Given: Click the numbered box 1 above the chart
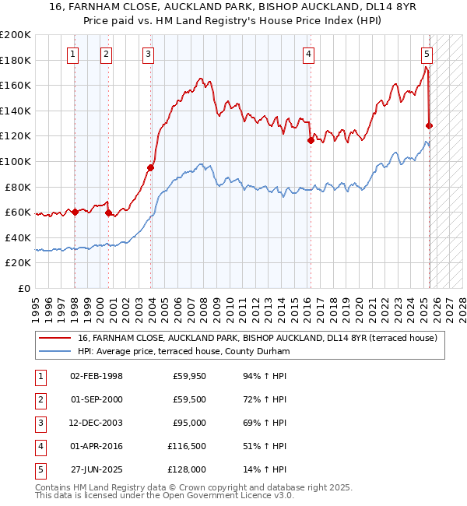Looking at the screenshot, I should click(x=72, y=54).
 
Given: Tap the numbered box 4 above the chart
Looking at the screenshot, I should click(x=309, y=54).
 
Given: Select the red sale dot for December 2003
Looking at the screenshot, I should click(x=150, y=167).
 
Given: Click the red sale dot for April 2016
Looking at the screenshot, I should click(x=311, y=140).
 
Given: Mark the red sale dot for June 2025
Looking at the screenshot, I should click(x=430, y=125).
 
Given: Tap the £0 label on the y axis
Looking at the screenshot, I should click(x=23, y=288).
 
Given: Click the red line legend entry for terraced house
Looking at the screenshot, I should click(x=257, y=338).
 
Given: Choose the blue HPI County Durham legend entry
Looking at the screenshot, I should click(x=183, y=352).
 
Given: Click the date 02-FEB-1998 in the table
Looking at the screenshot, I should click(x=97, y=376).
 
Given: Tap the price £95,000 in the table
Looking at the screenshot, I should click(x=188, y=423).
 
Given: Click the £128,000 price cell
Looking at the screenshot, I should click(x=186, y=469).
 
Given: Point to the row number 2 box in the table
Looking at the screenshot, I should click(x=38, y=399).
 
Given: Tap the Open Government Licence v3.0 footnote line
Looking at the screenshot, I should click(x=164, y=495).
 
